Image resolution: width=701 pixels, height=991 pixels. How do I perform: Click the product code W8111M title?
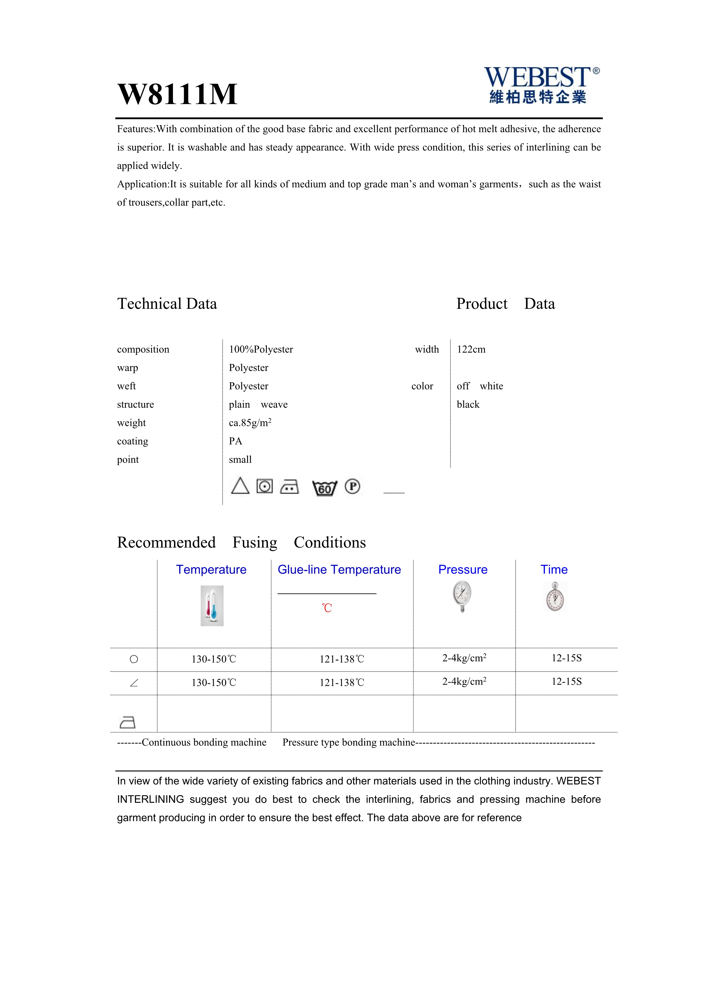[178, 94]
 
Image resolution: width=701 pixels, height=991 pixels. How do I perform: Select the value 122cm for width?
[471, 349]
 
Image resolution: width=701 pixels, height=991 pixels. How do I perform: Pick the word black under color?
[468, 404]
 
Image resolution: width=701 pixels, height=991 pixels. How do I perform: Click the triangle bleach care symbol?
[240, 486]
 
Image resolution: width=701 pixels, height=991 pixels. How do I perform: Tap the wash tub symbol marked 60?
[324, 488]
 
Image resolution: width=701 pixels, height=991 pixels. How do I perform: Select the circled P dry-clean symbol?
[352, 486]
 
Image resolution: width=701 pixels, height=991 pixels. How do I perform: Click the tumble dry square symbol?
[265, 486]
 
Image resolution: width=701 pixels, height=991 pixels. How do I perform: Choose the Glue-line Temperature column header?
[339, 569]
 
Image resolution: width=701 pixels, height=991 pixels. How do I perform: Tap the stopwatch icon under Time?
[555, 597]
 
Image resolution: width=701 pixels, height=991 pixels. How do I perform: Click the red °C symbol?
[327, 608]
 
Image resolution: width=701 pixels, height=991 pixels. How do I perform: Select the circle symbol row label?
[134, 659]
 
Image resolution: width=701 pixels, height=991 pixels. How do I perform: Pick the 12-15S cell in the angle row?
[566, 682]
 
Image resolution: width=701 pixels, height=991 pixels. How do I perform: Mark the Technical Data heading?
[167, 303]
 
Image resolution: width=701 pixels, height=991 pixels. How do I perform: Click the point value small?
[240, 460]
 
